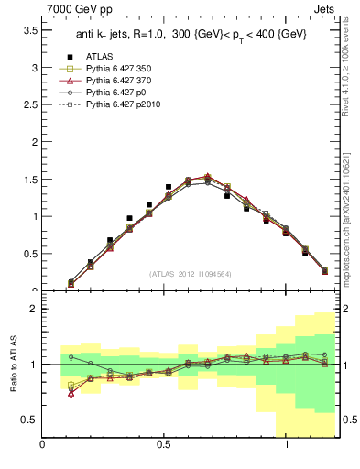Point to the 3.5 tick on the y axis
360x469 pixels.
(29, 31)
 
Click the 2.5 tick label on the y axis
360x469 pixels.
(29, 105)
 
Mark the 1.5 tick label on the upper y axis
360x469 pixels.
(29, 180)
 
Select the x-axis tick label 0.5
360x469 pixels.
(164, 444)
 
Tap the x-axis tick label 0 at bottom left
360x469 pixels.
(42, 444)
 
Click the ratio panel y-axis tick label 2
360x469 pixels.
(33, 309)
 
